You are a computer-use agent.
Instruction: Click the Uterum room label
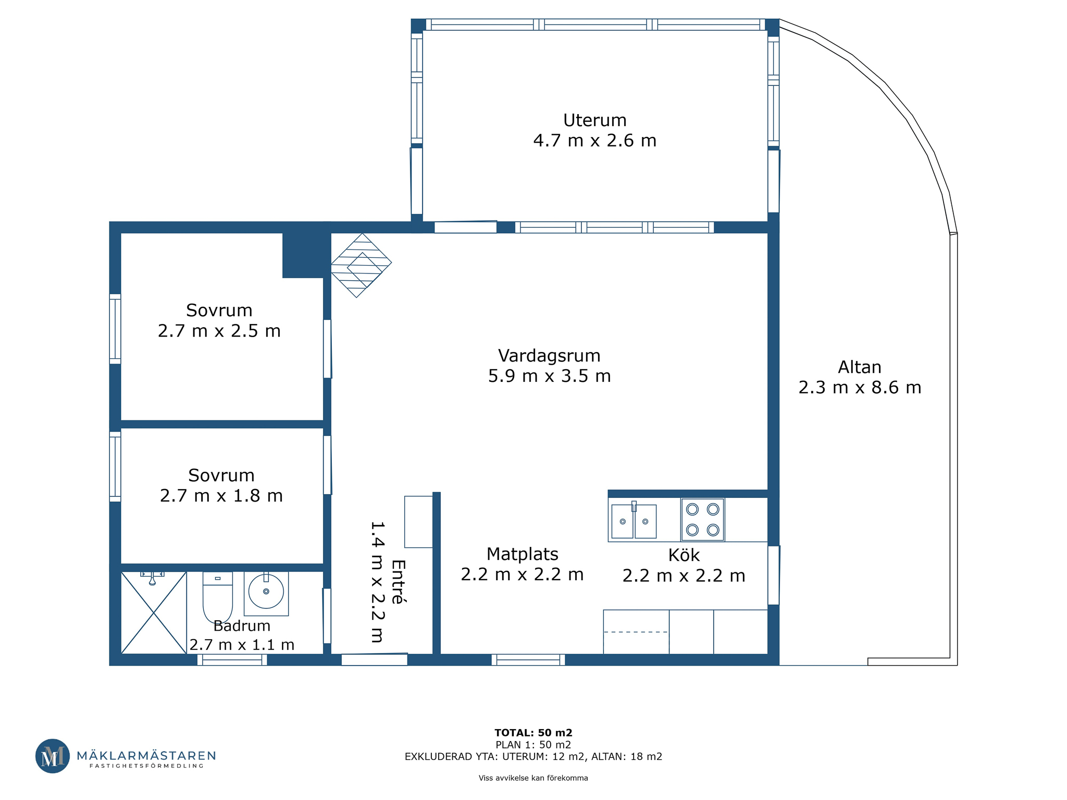tap(594, 120)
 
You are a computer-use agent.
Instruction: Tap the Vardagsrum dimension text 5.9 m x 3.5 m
tap(549, 376)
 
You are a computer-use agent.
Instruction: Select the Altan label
tap(860, 367)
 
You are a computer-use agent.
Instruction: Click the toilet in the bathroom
tap(218, 597)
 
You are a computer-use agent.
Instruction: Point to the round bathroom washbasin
tap(266, 592)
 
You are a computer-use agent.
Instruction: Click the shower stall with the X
tap(154, 612)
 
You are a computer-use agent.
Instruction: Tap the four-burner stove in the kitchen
tap(702, 519)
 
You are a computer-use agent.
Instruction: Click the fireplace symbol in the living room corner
tap(361, 265)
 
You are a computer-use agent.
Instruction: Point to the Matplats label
tap(522, 554)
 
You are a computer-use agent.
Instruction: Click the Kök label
tap(684, 555)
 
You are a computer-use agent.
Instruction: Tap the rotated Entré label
tap(398, 582)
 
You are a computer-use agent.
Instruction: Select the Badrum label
tap(242, 626)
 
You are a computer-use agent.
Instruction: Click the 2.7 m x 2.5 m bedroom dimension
tap(219, 331)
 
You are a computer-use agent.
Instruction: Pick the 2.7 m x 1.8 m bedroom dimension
tap(221, 496)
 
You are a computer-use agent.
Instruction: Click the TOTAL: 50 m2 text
tap(533, 733)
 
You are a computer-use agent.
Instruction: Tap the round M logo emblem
tap(52, 756)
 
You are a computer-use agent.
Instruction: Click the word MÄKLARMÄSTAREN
tap(146, 756)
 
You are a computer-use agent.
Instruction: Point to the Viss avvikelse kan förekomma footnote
tap(533, 778)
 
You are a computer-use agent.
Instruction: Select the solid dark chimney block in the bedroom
tap(303, 255)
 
